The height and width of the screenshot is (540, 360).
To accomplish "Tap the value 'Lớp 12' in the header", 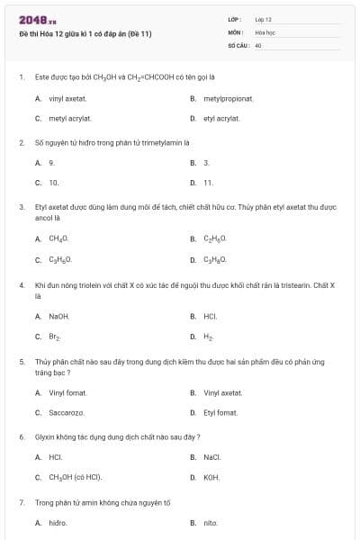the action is click(263, 19).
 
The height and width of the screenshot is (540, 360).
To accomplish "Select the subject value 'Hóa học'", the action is click(264, 31).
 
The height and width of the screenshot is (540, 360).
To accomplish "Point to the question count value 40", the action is click(258, 44).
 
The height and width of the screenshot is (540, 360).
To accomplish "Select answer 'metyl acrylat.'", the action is click(69, 118).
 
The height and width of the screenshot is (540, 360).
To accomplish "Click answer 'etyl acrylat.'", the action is click(221, 118).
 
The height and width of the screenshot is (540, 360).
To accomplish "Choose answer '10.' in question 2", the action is click(53, 183).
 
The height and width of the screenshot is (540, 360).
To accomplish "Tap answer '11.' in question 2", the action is click(208, 183).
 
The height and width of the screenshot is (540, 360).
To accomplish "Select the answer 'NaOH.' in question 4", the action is click(58, 317).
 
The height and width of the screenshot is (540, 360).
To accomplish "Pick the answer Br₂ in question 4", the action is click(54, 337).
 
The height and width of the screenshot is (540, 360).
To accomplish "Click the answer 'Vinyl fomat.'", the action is click(68, 392).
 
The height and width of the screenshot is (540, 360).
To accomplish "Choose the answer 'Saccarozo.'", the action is click(66, 412).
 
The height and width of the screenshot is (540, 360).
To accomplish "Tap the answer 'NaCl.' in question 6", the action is click(211, 457).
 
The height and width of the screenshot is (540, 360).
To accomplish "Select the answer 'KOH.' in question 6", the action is click(211, 477).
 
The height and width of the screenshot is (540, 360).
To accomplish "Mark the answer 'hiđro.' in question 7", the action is click(58, 522).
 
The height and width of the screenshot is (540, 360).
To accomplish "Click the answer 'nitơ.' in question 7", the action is click(211, 522).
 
